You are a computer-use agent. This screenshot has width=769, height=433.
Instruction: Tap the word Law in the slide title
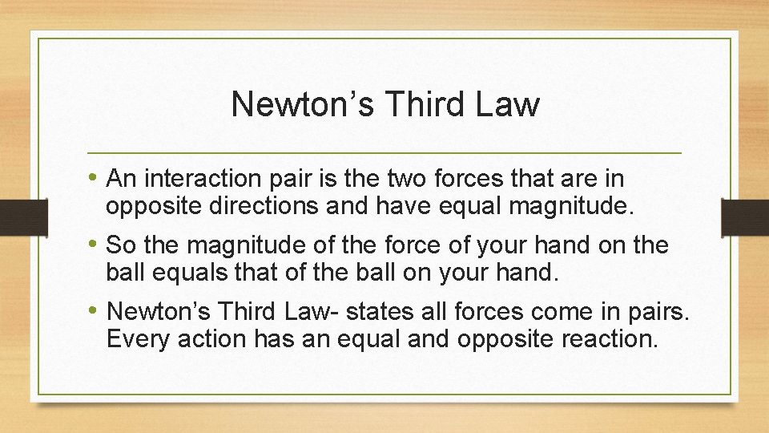coord(510,104)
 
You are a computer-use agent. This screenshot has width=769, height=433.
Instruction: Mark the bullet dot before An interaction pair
coord(95,177)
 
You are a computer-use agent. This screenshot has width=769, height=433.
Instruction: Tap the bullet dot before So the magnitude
coord(95,244)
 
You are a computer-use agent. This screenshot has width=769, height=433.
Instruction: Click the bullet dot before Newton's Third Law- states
coord(95,310)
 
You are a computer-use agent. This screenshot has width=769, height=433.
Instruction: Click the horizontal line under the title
coord(384,152)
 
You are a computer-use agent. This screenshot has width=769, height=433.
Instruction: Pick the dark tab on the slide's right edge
coord(745,216)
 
